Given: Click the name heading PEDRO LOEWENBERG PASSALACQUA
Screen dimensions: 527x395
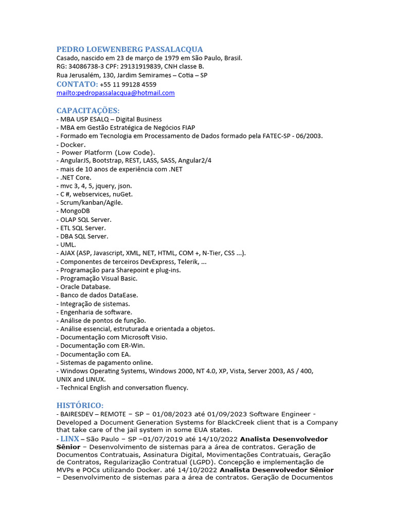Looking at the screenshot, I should (130, 49).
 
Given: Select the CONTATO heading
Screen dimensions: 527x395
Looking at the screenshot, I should (77, 84).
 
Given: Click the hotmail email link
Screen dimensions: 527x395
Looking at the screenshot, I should (116, 93).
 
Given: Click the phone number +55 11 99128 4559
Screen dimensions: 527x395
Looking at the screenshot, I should (128, 84).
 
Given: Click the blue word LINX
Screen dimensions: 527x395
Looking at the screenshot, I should (70, 439).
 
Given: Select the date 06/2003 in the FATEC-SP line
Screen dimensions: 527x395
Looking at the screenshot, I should (310, 136).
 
